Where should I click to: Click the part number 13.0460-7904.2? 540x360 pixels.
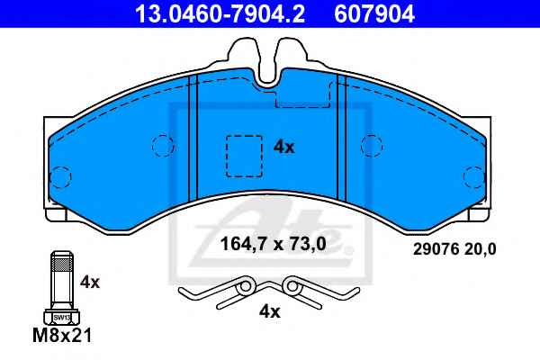click(220, 13)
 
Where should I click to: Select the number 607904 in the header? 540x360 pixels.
click(374, 13)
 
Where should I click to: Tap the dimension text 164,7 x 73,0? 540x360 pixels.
click(273, 244)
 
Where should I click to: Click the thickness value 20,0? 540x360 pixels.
click(480, 249)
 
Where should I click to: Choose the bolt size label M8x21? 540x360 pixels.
click(62, 335)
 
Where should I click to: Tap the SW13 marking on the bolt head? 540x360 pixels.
click(62, 318)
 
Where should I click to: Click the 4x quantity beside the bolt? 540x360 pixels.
click(89, 283)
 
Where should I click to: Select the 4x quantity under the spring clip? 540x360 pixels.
click(270, 312)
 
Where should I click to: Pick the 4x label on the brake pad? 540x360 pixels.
click(283, 148)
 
